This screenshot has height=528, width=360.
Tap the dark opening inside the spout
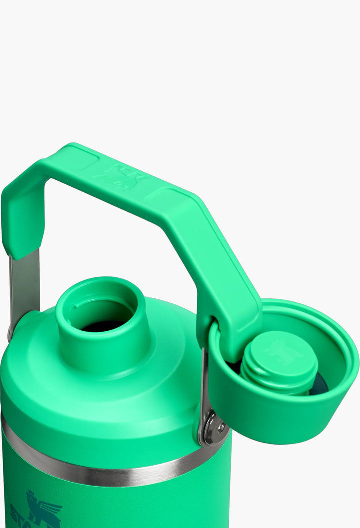[102, 326]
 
